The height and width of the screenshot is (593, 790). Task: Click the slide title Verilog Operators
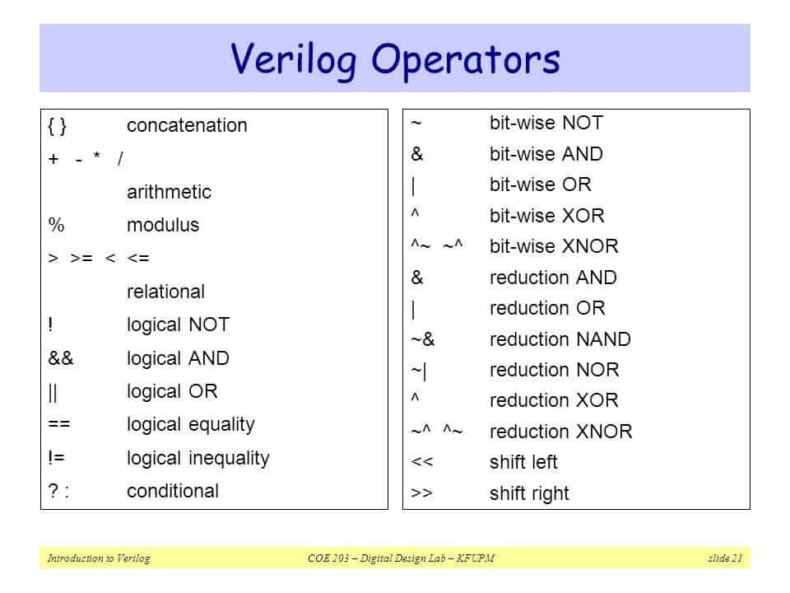coord(395,59)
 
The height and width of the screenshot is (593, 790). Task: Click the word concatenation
coord(187,126)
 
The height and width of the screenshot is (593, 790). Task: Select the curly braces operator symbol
coord(58,126)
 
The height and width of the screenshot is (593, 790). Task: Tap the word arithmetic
coord(169,192)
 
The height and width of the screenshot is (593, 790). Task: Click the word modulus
coord(163,226)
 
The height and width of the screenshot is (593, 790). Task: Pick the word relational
coord(165,292)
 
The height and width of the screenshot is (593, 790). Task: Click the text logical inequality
coord(197,458)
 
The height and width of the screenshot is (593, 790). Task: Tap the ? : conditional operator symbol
coord(58,492)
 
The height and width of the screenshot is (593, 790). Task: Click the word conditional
coord(173,492)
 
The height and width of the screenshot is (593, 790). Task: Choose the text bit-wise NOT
coord(546,124)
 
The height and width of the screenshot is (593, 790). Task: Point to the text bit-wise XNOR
coord(554,246)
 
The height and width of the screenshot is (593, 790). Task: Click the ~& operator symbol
coord(422,339)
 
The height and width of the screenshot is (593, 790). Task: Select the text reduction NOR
coord(554,370)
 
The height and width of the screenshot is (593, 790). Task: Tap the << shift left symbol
coord(421,462)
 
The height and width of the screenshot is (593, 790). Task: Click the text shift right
coord(529,493)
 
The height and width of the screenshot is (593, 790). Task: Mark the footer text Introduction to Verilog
coord(99,559)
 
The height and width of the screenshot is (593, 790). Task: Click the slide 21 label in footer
coord(725,559)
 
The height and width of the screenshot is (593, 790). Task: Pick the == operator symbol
coord(58,425)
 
